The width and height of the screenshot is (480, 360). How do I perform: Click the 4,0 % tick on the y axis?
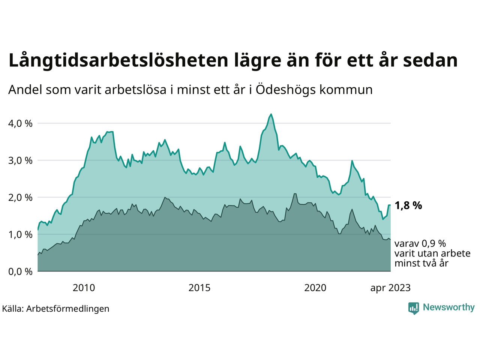pyautogui.click(x=20, y=123)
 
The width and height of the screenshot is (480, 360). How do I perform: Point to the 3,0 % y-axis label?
pyautogui.click(x=20, y=160)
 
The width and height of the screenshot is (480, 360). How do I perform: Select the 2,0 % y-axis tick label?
pyautogui.click(x=20, y=198)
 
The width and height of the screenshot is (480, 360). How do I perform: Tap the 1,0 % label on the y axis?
pyautogui.click(x=20, y=235)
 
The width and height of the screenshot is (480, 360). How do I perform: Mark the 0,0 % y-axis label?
pyautogui.click(x=20, y=271)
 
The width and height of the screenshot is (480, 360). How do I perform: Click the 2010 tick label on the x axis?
pyautogui.click(x=84, y=288)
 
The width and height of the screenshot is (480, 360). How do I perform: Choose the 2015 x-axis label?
pyautogui.click(x=199, y=288)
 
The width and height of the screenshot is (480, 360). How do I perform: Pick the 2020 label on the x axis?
pyautogui.click(x=315, y=288)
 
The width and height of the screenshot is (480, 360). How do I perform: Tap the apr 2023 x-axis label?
pyautogui.click(x=390, y=288)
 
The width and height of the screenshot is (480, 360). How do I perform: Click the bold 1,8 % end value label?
pyautogui.click(x=408, y=205)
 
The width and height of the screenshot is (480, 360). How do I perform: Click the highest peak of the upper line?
pyautogui.click(x=271, y=114)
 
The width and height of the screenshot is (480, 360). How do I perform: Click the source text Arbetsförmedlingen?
pyautogui.click(x=68, y=309)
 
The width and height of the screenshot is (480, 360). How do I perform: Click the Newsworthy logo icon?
pyautogui.click(x=414, y=308)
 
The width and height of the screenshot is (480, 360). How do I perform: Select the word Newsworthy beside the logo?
pyautogui.click(x=448, y=307)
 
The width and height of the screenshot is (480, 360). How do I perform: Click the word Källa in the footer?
pyautogui.click(x=12, y=309)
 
